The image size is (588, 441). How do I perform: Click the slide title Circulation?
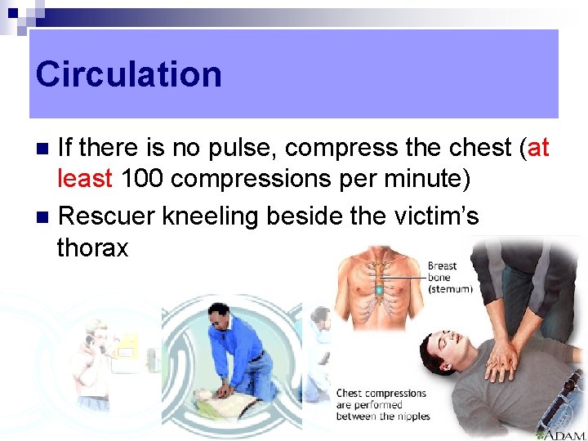(x=128, y=74)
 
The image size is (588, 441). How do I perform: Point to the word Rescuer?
(x=108, y=216)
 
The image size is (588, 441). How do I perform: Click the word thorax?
(x=92, y=247)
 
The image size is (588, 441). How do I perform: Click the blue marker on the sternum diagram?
(x=378, y=290)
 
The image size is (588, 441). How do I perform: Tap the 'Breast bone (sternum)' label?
(x=449, y=277)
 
